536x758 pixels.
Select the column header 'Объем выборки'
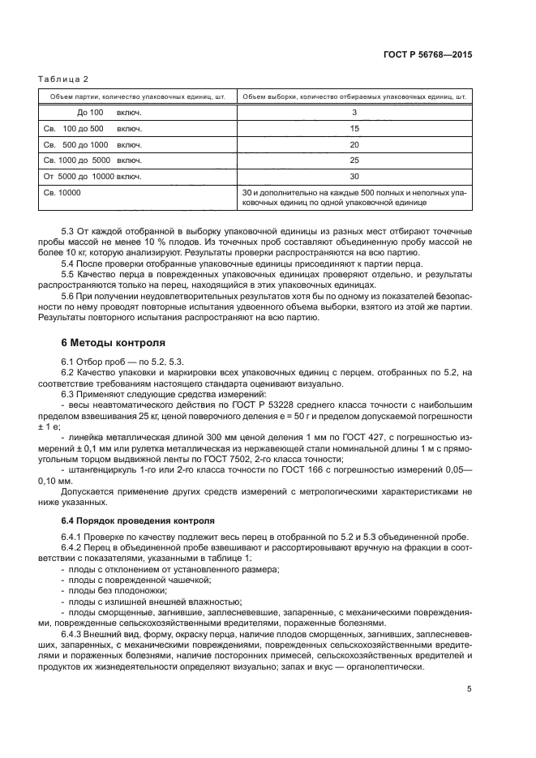[x=354, y=96]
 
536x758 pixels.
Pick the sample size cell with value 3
[x=354, y=113]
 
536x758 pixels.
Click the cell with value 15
[x=354, y=129]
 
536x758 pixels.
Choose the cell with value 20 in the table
[x=354, y=144]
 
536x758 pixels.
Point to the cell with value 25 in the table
[x=354, y=161]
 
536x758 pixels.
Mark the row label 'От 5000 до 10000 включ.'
[x=92, y=177]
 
